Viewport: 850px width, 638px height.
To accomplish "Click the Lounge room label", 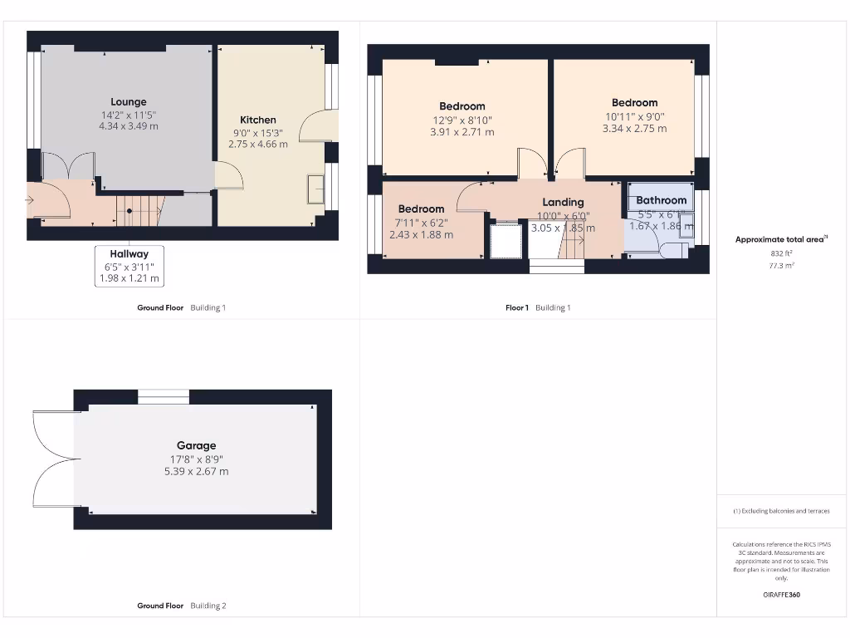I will [x=128, y=102].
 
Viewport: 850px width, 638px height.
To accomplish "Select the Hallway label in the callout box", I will [x=128, y=254].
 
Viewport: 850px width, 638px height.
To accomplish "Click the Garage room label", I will [x=196, y=445].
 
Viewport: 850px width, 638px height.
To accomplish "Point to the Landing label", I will [x=563, y=202].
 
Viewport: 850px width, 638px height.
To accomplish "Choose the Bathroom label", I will [x=661, y=200].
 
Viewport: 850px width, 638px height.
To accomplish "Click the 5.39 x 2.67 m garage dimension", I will [x=196, y=471].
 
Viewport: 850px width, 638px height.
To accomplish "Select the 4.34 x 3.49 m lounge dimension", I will [x=128, y=126].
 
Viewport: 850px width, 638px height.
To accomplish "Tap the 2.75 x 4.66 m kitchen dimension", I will [x=258, y=144].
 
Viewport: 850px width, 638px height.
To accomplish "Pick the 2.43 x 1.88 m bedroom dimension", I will [x=421, y=234].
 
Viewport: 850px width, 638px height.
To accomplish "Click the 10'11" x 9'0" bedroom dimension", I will [x=634, y=116].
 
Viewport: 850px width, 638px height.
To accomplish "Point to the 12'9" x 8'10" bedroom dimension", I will [x=462, y=120].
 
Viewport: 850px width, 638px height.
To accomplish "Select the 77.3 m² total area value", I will [x=780, y=266].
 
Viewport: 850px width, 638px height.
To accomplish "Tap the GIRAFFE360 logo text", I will [x=780, y=595].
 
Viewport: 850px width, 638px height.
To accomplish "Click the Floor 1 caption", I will [x=517, y=307].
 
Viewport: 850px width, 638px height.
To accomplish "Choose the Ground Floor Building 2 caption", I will [x=181, y=606].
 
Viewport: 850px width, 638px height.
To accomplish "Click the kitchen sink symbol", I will [x=315, y=189].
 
